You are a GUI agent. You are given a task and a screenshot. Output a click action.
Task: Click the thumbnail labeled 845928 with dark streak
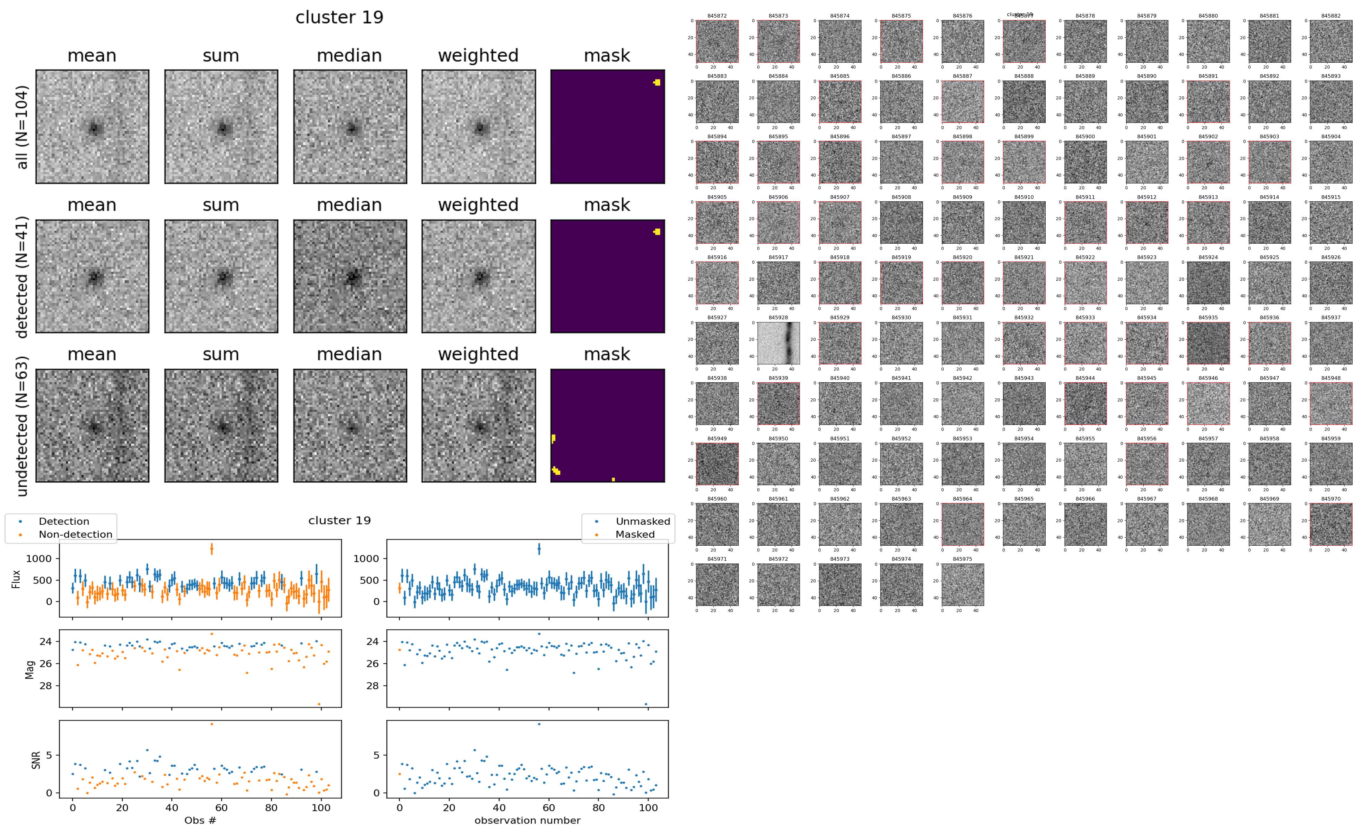pos(778,343)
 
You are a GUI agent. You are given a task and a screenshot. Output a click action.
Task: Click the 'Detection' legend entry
pos(64,521)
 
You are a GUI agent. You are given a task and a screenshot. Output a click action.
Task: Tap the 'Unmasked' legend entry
pos(643,521)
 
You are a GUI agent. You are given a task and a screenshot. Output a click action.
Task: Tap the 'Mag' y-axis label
pos(30,669)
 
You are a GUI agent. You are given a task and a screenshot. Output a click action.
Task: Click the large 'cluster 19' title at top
pos(339,18)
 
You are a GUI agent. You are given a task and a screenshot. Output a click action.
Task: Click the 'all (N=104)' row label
pos(22,127)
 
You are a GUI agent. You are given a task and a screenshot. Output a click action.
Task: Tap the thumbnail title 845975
pos(962,559)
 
